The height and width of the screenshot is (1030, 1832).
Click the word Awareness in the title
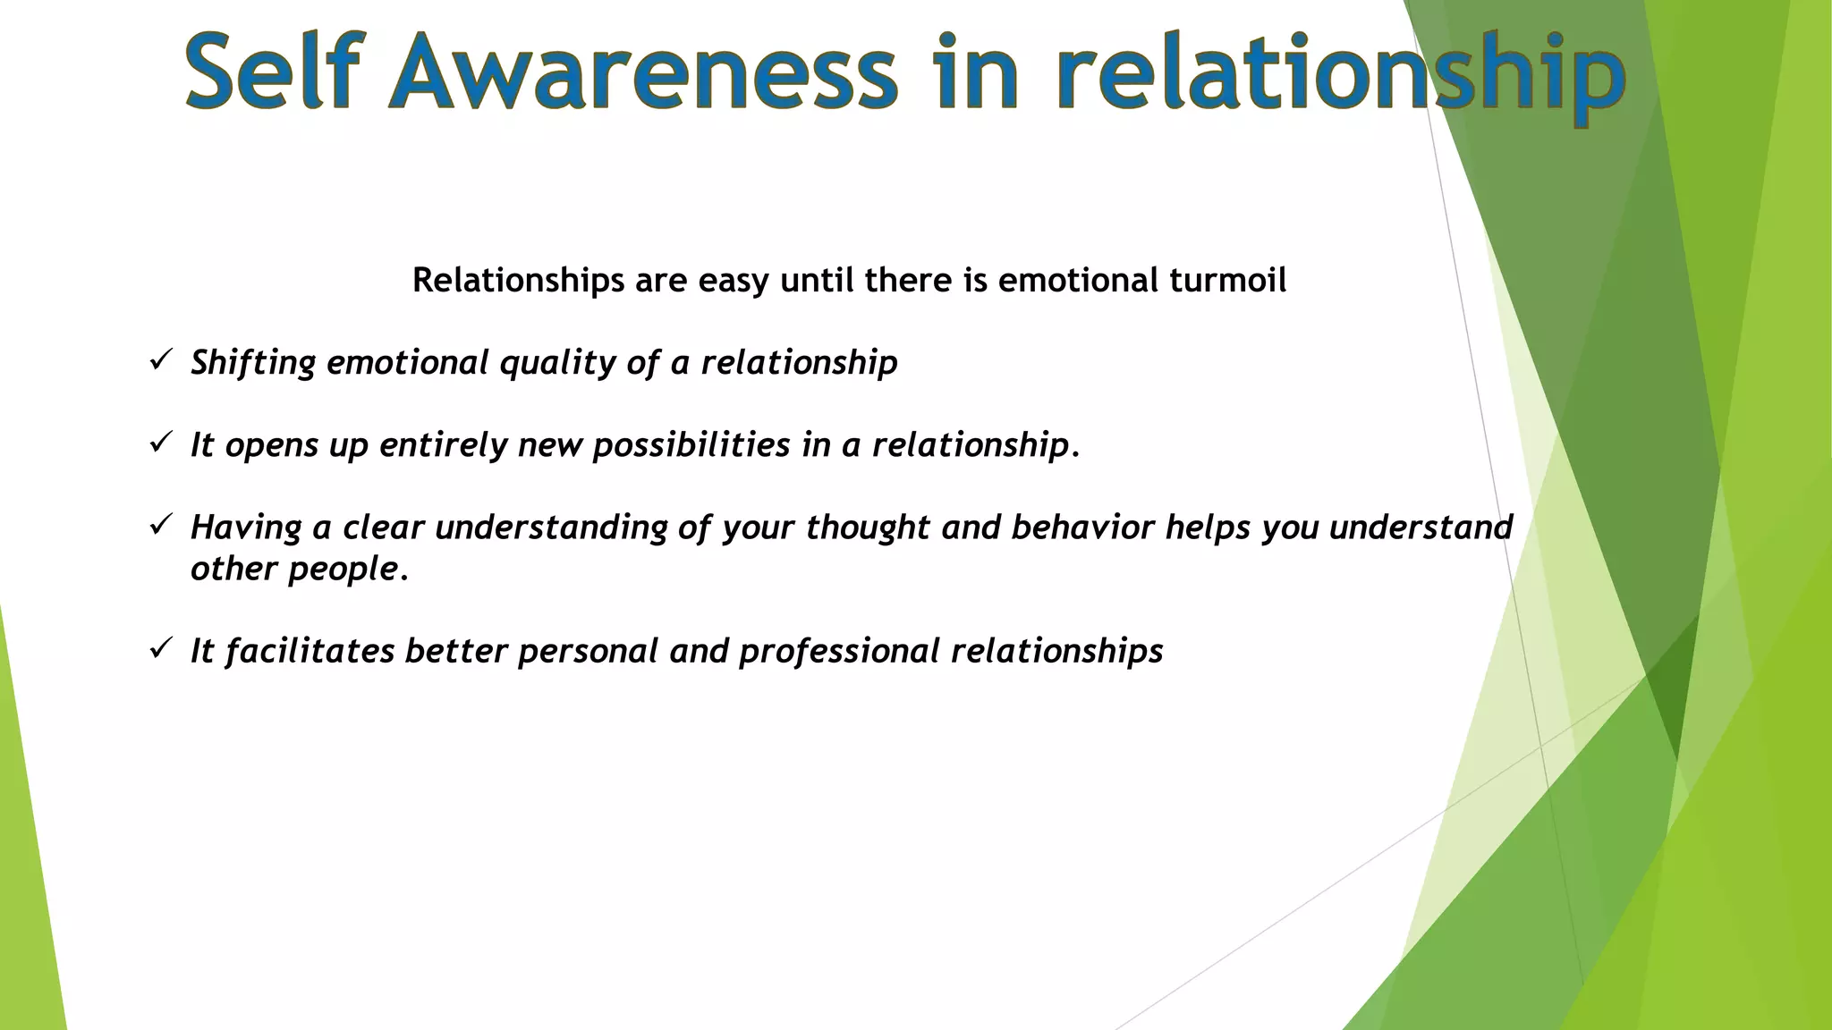click(x=642, y=72)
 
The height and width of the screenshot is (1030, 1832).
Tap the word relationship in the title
click(x=1340, y=73)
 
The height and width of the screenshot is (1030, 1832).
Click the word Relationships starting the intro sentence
click(x=518, y=281)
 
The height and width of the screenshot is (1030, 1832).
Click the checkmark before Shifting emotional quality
click(x=160, y=360)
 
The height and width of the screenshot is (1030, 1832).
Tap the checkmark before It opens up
click(x=160, y=443)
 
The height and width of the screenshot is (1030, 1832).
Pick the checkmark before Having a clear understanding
click(x=160, y=525)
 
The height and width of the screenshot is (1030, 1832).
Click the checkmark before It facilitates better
click(x=160, y=648)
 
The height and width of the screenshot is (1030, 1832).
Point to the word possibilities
click(x=691, y=445)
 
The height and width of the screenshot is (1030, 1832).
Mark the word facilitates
click(x=310, y=651)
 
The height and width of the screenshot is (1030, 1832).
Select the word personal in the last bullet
click(x=588, y=652)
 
